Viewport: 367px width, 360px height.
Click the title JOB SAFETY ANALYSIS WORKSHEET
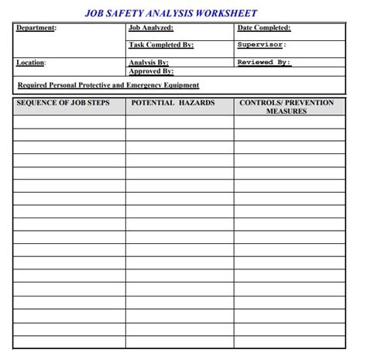(170, 13)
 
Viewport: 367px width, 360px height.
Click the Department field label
(36, 28)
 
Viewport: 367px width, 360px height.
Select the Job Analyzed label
(152, 28)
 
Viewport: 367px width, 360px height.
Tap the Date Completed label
(264, 28)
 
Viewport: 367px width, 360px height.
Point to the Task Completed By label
(161, 45)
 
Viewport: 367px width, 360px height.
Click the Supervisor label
(261, 45)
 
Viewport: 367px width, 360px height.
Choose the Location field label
(31, 62)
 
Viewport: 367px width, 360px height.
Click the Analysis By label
(148, 62)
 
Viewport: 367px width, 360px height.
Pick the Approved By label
(150, 70)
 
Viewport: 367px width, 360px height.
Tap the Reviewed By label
(263, 62)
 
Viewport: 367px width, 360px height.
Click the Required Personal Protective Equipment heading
(108, 85)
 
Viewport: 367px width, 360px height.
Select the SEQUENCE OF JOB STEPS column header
(63, 103)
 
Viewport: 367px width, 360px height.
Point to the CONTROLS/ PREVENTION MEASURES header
(286, 107)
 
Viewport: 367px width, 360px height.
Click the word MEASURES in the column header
(286, 111)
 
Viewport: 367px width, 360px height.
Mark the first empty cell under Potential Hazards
(179, 122)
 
